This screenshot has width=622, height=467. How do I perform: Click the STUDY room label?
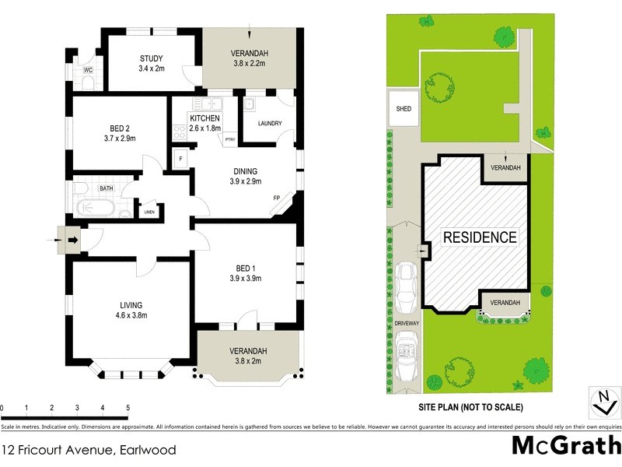152,58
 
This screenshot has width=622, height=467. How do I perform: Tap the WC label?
89,70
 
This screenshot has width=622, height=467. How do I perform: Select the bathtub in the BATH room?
96,208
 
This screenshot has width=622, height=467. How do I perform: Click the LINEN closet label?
149,212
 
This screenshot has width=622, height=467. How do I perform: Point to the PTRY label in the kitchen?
229,139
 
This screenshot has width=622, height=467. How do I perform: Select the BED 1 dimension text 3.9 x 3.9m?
245,278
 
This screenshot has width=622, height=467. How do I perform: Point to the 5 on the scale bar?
128,408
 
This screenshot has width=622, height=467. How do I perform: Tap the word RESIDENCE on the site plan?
480,237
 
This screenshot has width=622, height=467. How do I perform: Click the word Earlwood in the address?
147,449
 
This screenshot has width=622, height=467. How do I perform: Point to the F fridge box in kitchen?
180,159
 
